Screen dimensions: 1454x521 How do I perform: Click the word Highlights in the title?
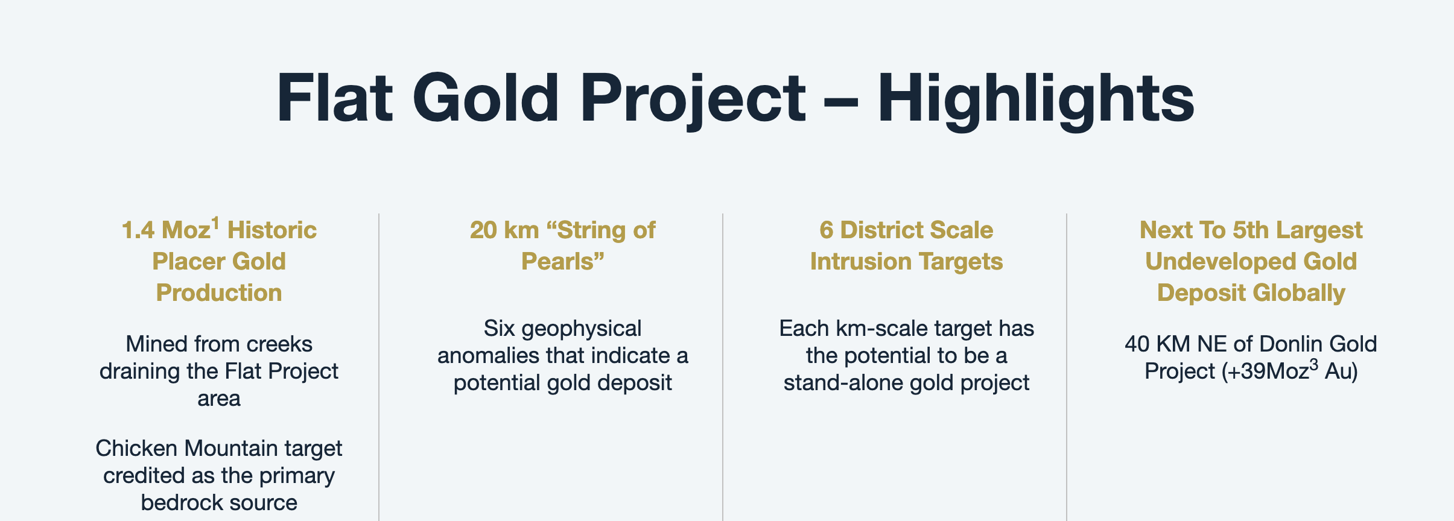(1035, 99)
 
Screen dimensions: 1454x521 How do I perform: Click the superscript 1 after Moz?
(215, 224)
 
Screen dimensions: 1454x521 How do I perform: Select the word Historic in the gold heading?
(272, 230)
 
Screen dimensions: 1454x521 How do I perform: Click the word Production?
(219, 293)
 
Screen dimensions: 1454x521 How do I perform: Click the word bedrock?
(178, 502)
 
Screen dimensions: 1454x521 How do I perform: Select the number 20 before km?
(483, 230)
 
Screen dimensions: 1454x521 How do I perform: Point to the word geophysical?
(582, 329)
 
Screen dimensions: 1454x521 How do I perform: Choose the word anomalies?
(488, 356)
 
